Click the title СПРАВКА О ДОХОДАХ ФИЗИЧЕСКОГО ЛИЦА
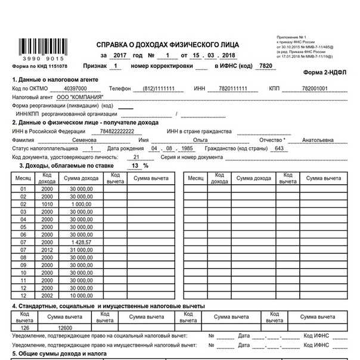point(167,45)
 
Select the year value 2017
point(121,55)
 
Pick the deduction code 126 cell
point(24,327)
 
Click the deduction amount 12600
point(65,327)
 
